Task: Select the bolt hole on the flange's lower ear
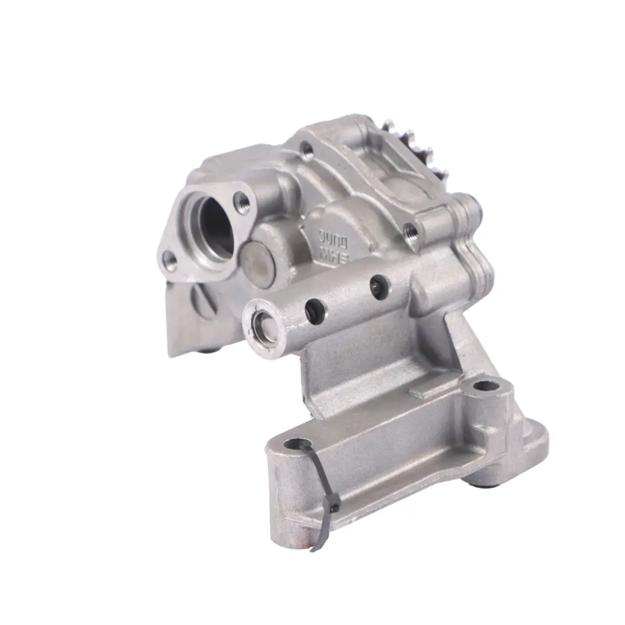[169, 261]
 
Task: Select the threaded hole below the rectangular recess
[413, 231]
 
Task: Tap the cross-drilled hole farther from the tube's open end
[378, 286]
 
